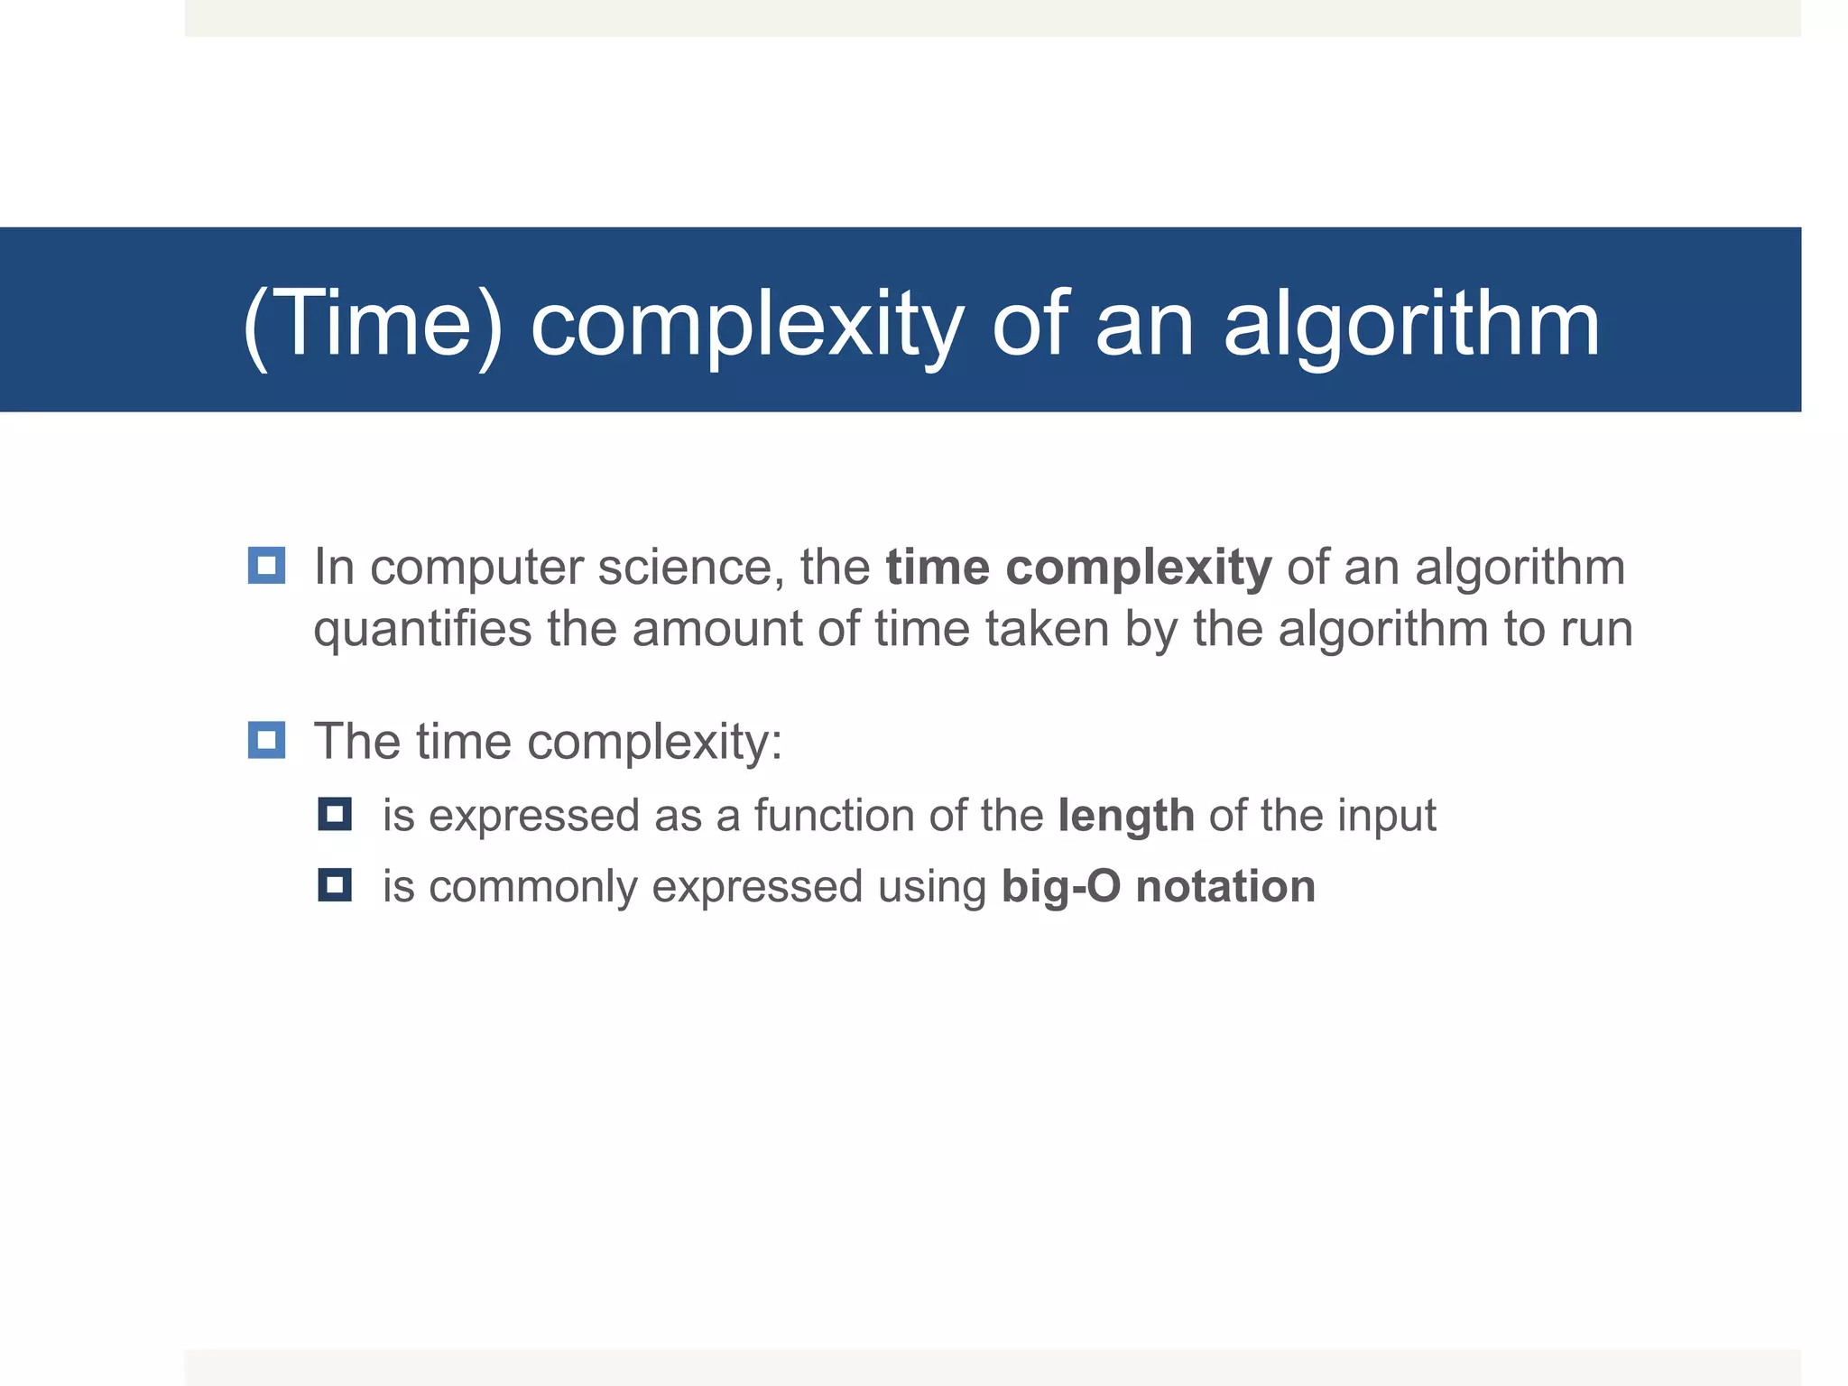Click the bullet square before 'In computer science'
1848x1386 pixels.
[266, 566]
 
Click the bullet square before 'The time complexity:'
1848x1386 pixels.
[266, 740]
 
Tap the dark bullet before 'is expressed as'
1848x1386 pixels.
[335, 815]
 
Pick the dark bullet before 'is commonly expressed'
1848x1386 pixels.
[335, 885]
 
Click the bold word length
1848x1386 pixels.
[1125, 816]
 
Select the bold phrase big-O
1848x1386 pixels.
[1060, 886]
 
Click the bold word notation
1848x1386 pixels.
[1225, 886]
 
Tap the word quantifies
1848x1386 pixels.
[422, 629]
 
